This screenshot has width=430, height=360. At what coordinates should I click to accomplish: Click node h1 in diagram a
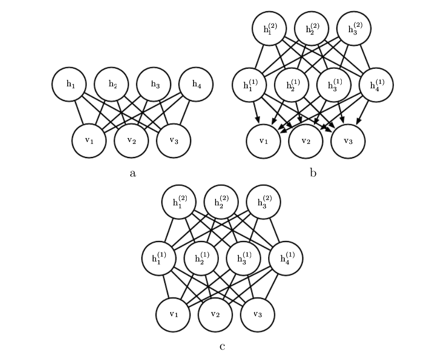(69, 84)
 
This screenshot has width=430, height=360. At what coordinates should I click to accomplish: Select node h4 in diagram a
(196, 84)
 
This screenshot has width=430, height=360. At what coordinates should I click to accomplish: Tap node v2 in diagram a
(132, 140)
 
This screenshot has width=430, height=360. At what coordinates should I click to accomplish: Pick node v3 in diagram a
(174, 140)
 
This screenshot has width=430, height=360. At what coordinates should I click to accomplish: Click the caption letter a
(133, 173)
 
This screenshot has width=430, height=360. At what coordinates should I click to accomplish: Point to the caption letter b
(313, 173)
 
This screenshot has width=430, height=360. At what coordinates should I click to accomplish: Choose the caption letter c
(222, 347)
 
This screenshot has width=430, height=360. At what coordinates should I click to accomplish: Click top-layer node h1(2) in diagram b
(270, 29)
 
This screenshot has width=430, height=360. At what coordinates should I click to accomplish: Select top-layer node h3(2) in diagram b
(354, 29)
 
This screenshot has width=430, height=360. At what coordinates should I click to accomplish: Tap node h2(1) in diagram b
(292, 85)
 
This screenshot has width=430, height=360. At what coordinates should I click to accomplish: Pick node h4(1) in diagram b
(376, 85)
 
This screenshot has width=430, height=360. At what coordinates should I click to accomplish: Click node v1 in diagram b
(263, 141)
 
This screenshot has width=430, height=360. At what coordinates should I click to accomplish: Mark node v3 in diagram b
(348, 141)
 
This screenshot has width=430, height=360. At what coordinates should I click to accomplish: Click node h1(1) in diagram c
(159, 258)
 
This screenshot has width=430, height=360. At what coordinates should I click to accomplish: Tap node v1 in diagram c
(174, 314)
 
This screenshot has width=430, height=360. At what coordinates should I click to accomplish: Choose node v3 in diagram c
(258, 314)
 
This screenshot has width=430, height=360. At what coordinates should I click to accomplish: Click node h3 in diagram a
(154, 84)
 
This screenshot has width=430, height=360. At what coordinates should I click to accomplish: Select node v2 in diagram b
(306, 141)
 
